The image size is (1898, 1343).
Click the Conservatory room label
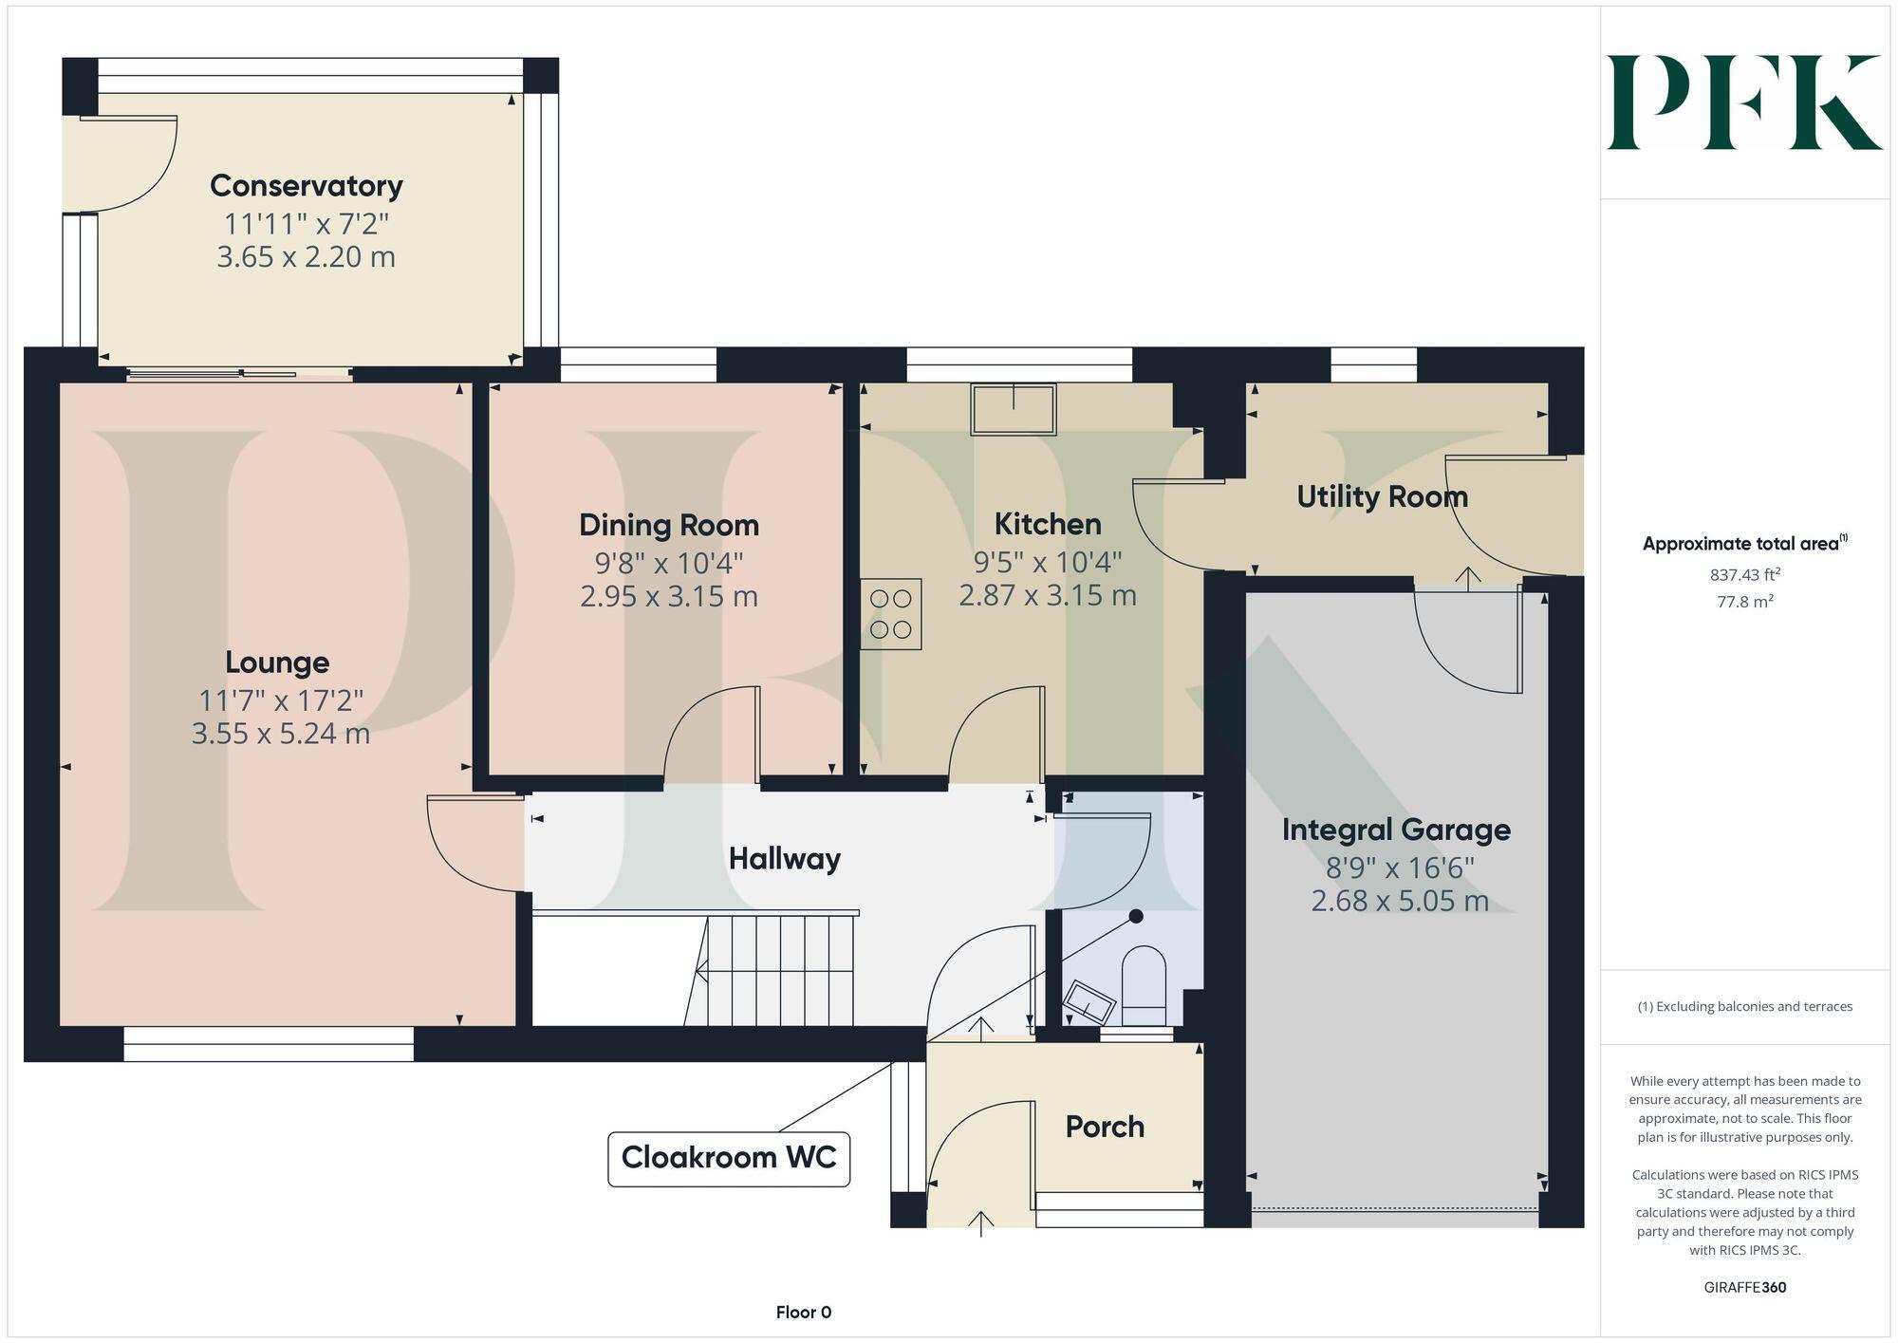[x=306, y=186]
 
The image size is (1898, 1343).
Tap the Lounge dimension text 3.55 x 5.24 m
[x=280, y=734]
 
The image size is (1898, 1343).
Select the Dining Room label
[x=668, y=525]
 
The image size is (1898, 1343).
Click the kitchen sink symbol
[x=1013, y=409]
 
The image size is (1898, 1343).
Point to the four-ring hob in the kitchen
[x=890, y=614]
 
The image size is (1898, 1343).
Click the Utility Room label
[x=1381, y=496]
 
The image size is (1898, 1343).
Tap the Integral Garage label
[x=1395, y=830]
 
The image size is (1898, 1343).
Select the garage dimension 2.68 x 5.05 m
[x=1399, y=901]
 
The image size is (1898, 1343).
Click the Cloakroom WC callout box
[x=728, y=1158]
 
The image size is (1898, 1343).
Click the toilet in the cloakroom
[x=1144, y=983]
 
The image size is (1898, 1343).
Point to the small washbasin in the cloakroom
[x=1089, y=1002]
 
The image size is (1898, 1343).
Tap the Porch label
[x=1104, y=1127]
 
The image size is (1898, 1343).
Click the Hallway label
[x=784, y=859]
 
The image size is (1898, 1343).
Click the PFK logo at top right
[x=1743, y=103]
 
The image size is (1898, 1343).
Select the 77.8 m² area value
[x=1744, y=602]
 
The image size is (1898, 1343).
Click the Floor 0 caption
[x=803, y=1313]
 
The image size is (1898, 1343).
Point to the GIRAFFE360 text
[x=1744, y=1288]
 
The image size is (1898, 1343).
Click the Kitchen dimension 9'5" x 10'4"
[x=1047, y=562]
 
